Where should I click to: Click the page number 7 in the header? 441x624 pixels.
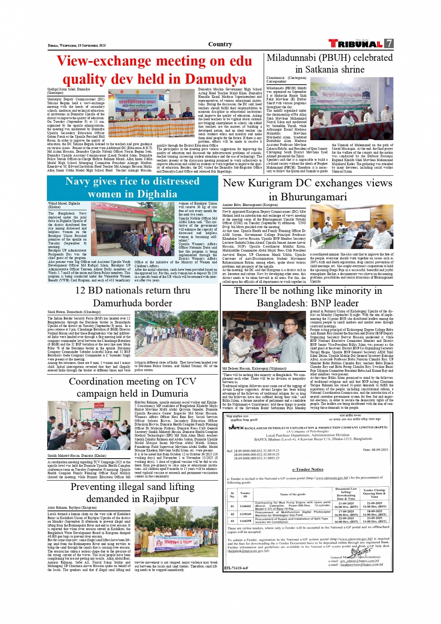tap(389, 43)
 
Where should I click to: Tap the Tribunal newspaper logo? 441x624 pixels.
tap(356, 43)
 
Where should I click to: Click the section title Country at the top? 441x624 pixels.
tap(220, 44)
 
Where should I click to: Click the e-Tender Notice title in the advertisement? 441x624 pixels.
tap(308, 469)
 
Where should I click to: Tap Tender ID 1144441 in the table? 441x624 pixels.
tap(245, 506)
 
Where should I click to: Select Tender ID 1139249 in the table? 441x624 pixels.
tap(245, 514)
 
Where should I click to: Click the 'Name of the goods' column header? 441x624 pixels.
tap(293, 494)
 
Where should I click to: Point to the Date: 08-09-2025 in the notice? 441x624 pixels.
tap(375, 450)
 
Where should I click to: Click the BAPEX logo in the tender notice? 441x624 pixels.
tap(236, 427)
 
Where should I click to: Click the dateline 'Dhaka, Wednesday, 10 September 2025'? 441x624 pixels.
tap(77, 45)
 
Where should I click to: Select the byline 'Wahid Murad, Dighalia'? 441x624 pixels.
tap(64, 204)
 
